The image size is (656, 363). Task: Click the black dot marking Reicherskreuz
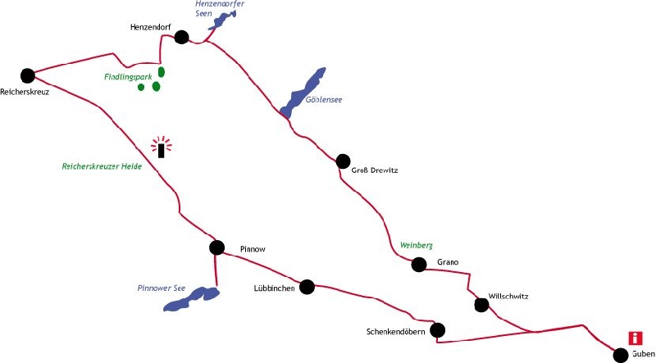point(28,75)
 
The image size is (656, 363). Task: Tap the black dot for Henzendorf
point(181,37)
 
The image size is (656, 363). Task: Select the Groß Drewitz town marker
point(343,161)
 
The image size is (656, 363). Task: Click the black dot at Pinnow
point(216,247)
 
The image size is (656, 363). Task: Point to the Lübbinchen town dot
point(307,287)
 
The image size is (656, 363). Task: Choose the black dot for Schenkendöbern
point(438,330)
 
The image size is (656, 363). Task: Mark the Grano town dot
point(419,265)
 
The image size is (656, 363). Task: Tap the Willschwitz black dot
point(481,305)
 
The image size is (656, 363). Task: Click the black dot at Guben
point(621,355)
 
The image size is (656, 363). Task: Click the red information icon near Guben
point(635,338)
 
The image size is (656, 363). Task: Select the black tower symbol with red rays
point(161,147)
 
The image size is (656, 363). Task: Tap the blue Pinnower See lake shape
point(192,299)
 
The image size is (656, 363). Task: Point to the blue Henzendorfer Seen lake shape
point(222,20)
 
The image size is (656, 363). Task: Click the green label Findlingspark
point(128,77)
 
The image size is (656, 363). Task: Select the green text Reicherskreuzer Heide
point(102,166)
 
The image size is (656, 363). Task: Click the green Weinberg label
point(417,246)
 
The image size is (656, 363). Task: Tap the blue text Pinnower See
point(161,288)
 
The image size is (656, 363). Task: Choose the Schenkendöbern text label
point(396,332)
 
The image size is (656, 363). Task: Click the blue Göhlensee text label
point(324,100)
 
